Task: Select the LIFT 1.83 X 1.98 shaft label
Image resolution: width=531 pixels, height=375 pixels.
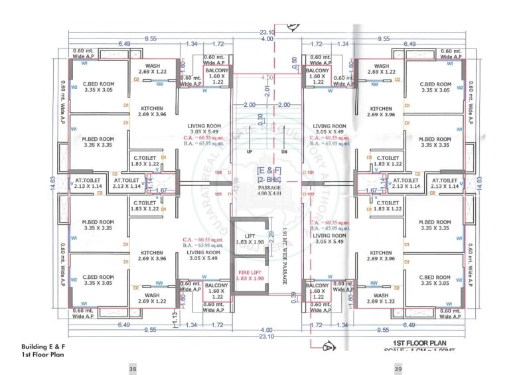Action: point(250,239)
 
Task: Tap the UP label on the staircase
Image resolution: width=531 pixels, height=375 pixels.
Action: point(250,151)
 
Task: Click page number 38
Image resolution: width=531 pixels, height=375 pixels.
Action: point(133,368)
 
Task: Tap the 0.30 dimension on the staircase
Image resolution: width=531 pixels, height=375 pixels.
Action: point(261,118)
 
